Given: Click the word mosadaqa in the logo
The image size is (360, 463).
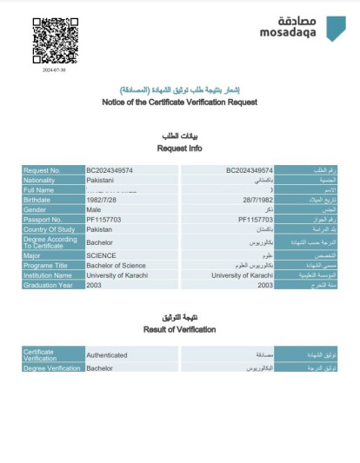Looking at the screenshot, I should coord(291,34).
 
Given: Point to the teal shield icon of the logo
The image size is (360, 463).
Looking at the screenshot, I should coord(335,28).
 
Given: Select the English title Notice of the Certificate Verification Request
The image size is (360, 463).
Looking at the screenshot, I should coord(179,103).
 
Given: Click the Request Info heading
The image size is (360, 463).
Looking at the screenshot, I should coord(179,148).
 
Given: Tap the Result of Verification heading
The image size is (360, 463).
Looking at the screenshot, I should coord(179,330).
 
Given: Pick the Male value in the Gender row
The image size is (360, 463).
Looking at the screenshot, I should coord(94,209).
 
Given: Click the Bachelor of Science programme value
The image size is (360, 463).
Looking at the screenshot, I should coord(116,265).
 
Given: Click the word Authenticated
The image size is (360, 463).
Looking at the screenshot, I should coord(106,354).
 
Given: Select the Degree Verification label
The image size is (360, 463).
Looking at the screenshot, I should coord(51,368).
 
